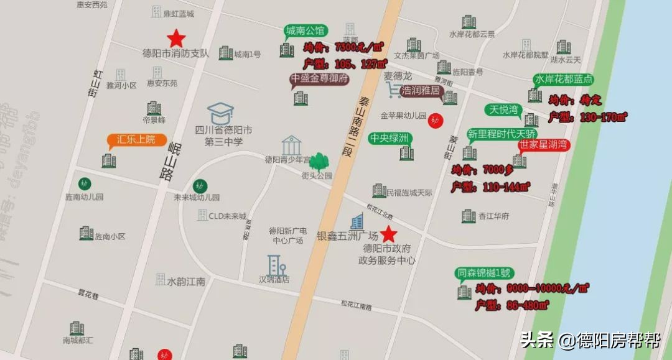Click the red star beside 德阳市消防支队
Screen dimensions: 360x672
[176, 38]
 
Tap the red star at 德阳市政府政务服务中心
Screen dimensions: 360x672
[389, 234]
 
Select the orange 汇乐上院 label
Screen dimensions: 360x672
[136, 139]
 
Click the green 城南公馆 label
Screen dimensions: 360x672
[306, 30]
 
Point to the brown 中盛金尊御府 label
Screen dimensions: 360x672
[319, 79]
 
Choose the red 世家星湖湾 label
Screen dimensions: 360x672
[544, 145]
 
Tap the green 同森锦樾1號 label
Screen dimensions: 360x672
[483, 272]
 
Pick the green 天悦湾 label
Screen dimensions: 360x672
[503, 110]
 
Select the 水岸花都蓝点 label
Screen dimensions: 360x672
[562, 79]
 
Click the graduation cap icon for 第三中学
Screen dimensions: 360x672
[220, 113]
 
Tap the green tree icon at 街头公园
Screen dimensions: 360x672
[319, 162]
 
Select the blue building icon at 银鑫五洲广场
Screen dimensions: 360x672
[357, 221]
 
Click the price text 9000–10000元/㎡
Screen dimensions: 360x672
[532, 288]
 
